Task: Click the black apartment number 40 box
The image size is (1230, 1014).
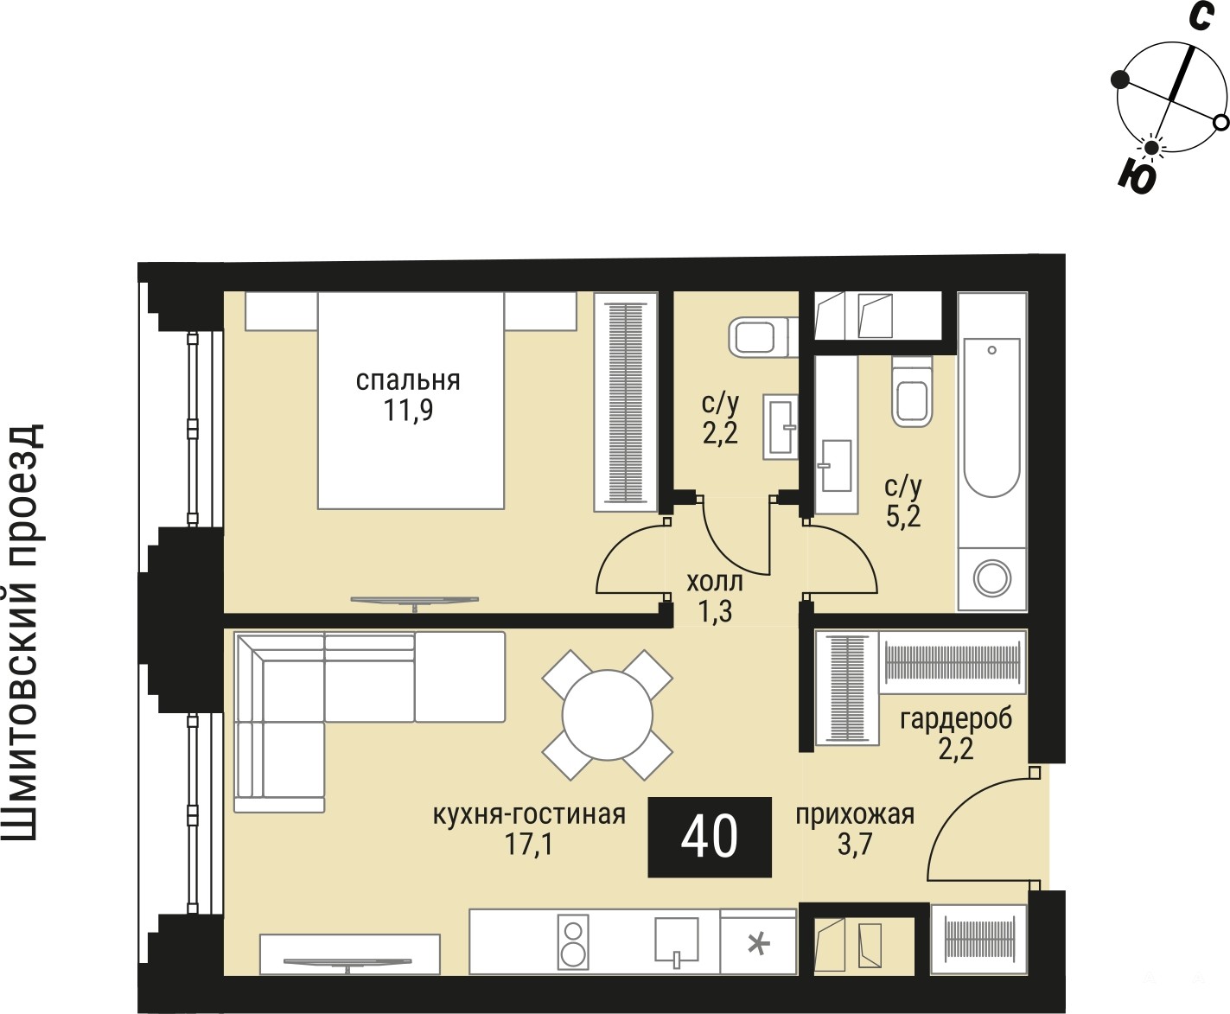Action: pos(710,838)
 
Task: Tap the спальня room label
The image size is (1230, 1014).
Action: pos(408,380)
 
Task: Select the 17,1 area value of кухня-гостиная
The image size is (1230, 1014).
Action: pos(528,845)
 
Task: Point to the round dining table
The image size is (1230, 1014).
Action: pos(608,715)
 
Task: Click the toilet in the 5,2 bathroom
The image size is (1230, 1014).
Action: pos(912,392)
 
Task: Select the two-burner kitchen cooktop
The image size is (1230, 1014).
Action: pos(572,941)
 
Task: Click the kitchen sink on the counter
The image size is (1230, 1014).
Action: pos(677,939)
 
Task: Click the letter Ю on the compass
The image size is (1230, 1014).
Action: pos(1138,176)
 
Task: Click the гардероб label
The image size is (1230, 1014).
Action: pos(956,719)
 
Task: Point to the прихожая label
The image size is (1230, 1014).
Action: pos(856,815)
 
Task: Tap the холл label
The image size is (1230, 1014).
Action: pos(715,582)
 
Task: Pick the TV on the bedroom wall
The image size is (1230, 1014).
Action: pos(415,601)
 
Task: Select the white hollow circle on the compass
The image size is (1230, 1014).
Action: pos(1221,123)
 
